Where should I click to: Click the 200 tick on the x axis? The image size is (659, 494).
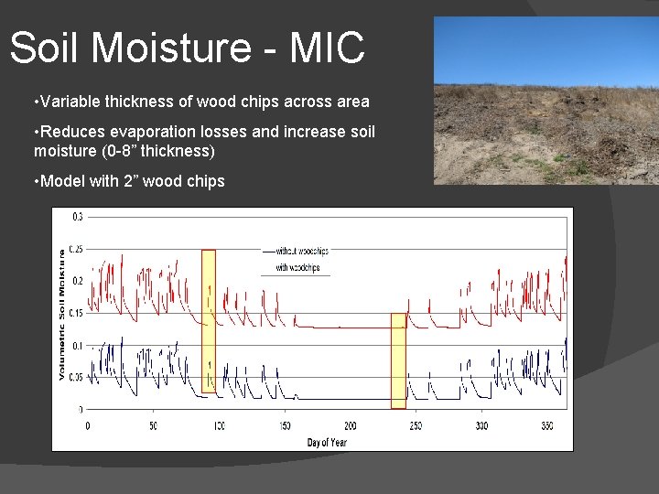click(x=351, y=426)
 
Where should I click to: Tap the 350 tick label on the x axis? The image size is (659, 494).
click(x=548, y=426)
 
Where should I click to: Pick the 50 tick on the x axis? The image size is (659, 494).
click(x=153, y=426)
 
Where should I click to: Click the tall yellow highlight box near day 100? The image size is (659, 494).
click(x=209, y=320)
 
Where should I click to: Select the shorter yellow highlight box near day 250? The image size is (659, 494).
click(x=398, y=360)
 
